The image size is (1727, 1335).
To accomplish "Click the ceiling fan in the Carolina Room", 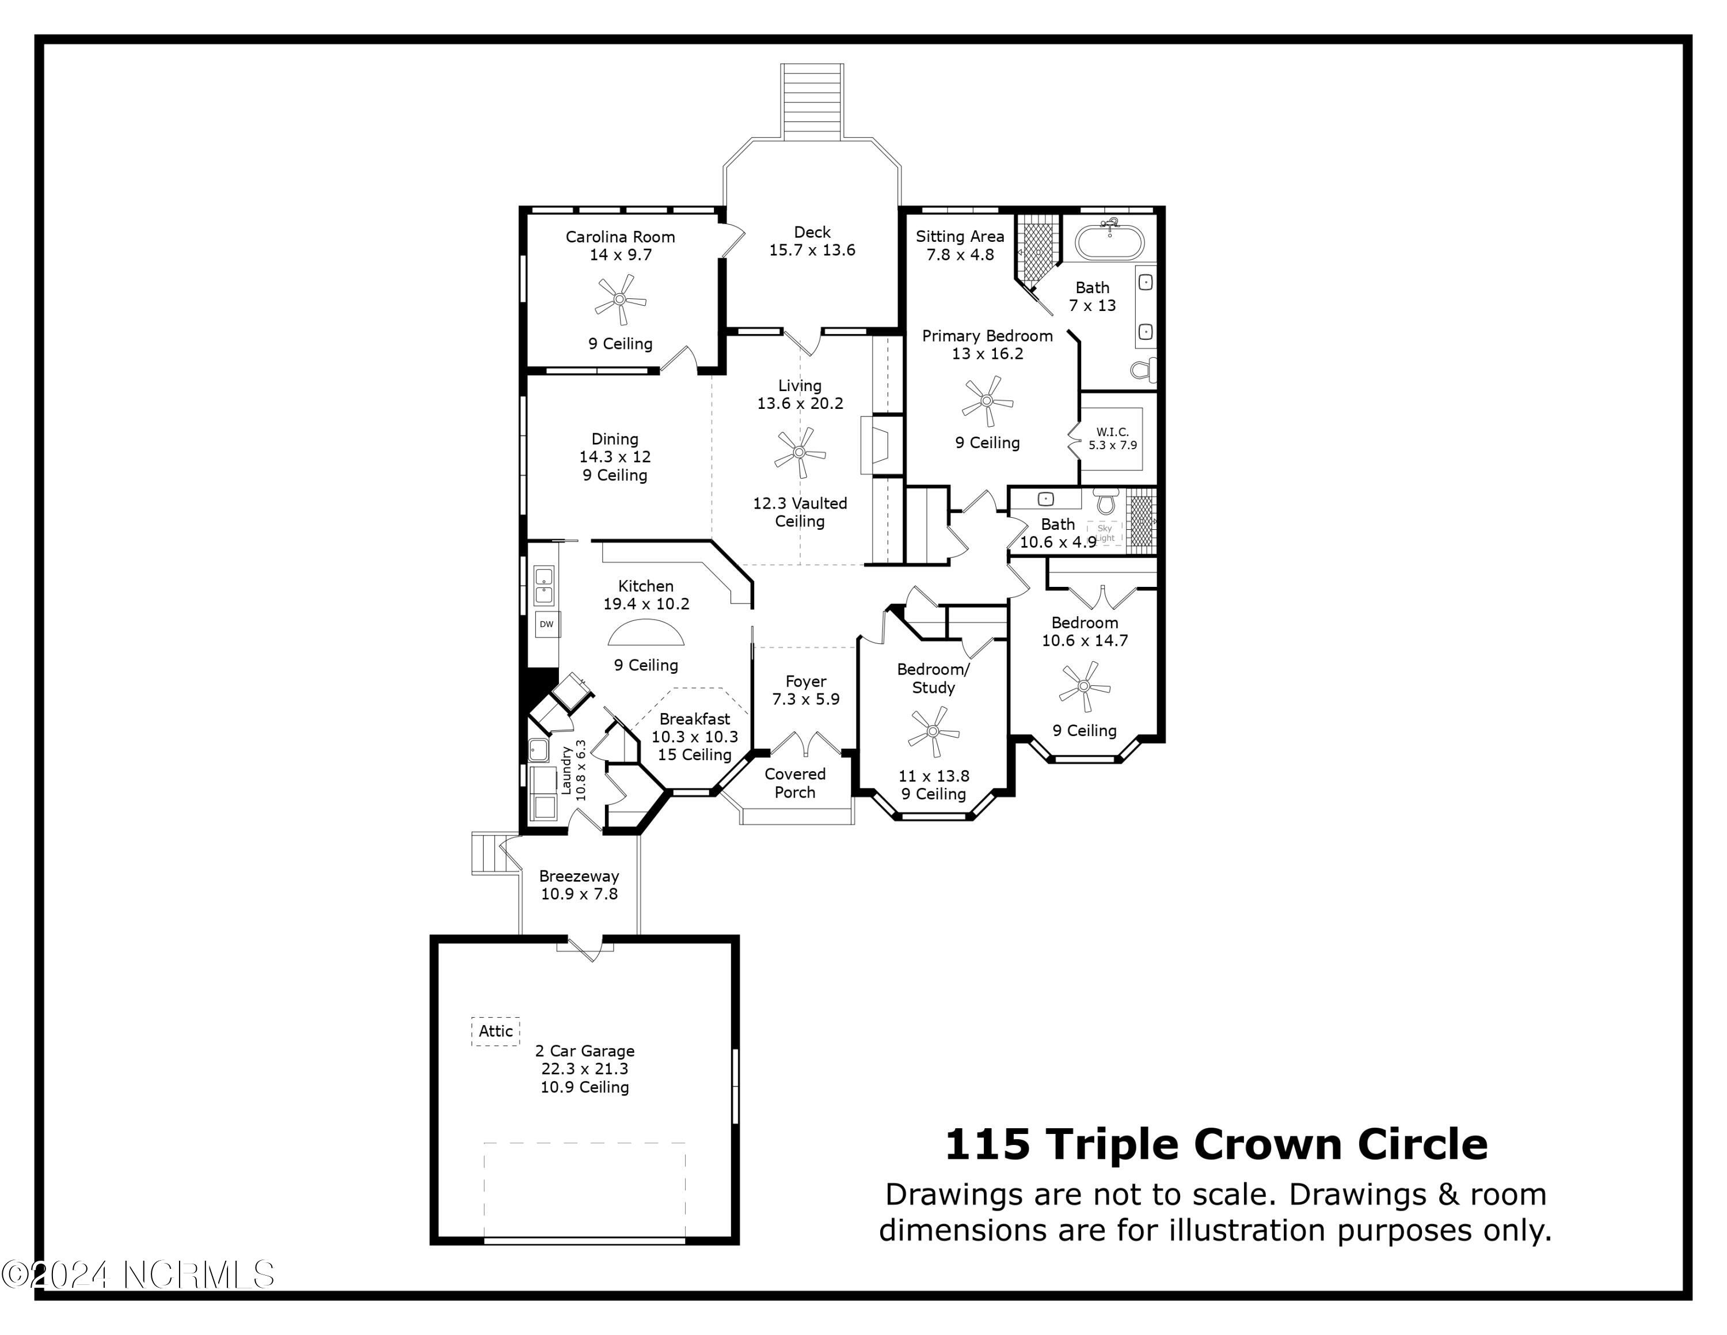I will click(620, 299).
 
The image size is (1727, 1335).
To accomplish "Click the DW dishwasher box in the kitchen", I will click(546, 624).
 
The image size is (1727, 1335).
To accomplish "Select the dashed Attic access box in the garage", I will click(496, 1031).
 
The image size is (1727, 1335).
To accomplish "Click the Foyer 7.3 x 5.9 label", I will click(806, 689).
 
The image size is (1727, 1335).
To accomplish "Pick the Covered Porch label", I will click(794, 783).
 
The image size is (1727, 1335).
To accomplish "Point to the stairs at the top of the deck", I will click(812, 101).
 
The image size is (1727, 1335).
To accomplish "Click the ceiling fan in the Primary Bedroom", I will click(987, 401).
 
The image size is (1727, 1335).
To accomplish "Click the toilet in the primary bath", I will click(1143, 369).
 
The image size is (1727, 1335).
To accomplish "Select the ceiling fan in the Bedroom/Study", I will click(933, 733).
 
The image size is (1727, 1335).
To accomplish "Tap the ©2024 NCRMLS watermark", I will click(138, 1275).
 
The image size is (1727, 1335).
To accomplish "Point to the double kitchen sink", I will click(543, 585).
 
